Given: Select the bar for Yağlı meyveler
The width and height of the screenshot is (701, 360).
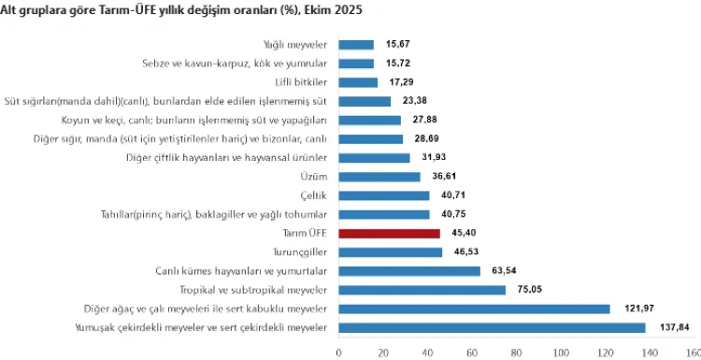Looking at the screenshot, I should (356, 44).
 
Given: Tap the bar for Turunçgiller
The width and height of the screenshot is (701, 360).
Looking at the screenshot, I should (390, 252).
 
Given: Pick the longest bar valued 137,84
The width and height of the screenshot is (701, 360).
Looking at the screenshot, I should (492, 327).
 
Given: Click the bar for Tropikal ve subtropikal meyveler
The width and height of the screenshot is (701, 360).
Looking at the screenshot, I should (422, 290).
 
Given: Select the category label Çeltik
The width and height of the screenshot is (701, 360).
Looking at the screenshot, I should (314, 195).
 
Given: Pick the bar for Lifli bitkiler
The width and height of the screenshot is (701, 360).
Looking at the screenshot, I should (358, 82).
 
